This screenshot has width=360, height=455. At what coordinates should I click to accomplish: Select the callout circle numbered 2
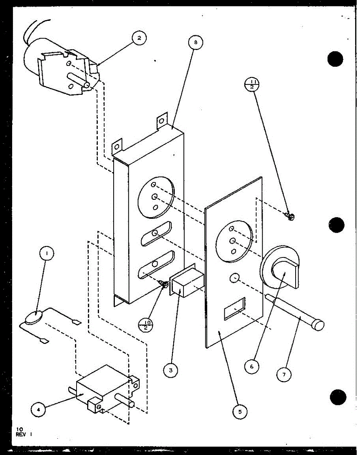[x=139, y=39]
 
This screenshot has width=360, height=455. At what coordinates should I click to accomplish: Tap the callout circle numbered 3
[x=171, y=370]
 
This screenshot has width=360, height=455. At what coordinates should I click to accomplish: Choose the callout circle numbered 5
[x=239, y=411]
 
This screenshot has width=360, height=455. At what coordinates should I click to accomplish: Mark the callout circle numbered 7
[x=284, y=375]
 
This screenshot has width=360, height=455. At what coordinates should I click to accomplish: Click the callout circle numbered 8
[x=196, y=42]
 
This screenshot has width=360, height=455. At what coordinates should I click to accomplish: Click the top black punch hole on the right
[x=335, y=59]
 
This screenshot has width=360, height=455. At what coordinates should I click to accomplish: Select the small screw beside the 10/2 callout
[x=164, y=283]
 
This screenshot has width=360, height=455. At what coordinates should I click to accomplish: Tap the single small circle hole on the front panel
[x=235, y=279]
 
